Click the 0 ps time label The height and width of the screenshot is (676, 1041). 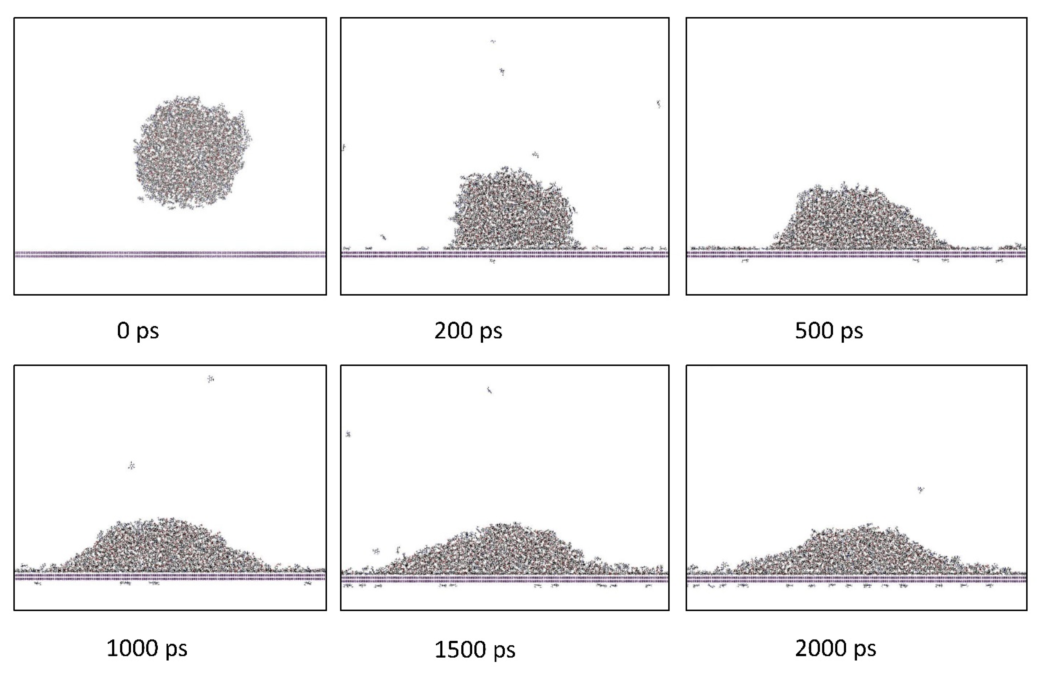point(138,331)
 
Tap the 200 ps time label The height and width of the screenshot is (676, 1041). point(468,331)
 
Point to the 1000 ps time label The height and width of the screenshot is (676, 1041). point(147,648)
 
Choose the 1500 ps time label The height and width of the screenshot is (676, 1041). point(475,650)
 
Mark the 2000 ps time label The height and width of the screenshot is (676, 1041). point(836,648)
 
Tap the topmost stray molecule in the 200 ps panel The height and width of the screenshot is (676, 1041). point(493,42)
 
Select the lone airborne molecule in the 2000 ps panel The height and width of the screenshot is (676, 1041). point(921,489)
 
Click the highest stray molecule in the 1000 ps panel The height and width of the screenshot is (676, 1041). point(210,379)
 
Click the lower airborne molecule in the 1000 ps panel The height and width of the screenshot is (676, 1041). point(131,466)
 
